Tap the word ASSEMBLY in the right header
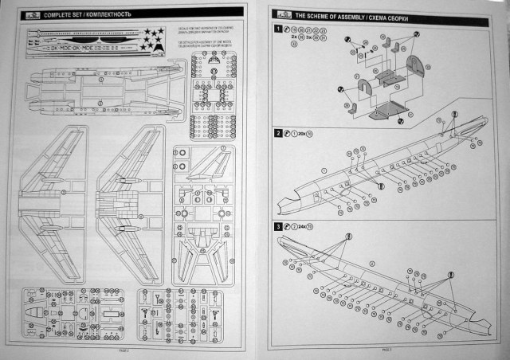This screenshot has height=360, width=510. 333,14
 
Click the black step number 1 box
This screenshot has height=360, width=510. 277,29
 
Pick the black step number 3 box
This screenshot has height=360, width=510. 277,227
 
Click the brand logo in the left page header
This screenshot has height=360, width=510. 29,14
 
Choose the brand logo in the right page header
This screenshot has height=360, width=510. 280,14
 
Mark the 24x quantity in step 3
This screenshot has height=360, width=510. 304,227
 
